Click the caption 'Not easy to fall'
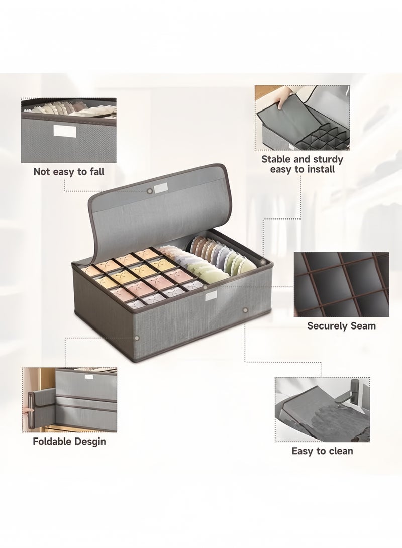69,172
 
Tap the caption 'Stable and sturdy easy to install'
303,164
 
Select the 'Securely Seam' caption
342,325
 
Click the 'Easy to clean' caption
322,451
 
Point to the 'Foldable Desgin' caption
69,441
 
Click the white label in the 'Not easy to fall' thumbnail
65,131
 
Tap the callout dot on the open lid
150,191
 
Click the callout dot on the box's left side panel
137,338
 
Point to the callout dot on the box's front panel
245,310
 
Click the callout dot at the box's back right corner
262,261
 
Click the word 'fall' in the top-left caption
96,172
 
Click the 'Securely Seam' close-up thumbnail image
341,284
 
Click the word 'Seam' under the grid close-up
362,325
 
